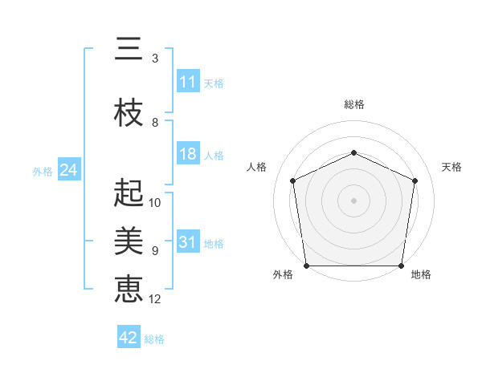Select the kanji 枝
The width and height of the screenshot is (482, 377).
tap(129, 114)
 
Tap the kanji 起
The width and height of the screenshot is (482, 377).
tap(129, 193)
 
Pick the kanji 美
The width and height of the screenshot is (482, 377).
tap(129, 241)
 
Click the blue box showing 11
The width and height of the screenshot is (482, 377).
tap(187, 82)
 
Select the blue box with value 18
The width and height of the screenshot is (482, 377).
tap(187, 155)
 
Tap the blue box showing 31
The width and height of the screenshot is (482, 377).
tap(187, 243)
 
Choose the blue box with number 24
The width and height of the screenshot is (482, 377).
tap(68, 170)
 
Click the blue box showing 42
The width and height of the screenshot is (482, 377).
tap(128, 338)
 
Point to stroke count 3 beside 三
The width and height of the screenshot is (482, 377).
tap(154, 59)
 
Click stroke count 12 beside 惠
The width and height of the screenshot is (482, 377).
tap(155, 299)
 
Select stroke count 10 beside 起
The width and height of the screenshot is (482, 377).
tap(155, 202)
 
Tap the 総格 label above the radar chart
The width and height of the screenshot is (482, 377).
tap(353, 104)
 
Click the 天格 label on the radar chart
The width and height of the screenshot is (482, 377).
tap(451, 167)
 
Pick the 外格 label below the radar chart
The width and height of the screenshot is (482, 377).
tap(283, 275)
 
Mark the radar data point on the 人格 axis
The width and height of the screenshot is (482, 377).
tap(293, 180)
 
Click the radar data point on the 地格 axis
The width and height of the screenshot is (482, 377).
tap(401, 266)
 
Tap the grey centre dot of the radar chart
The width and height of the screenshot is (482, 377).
tap(353, 200)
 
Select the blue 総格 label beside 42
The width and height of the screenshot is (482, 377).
tap(154, 338)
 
